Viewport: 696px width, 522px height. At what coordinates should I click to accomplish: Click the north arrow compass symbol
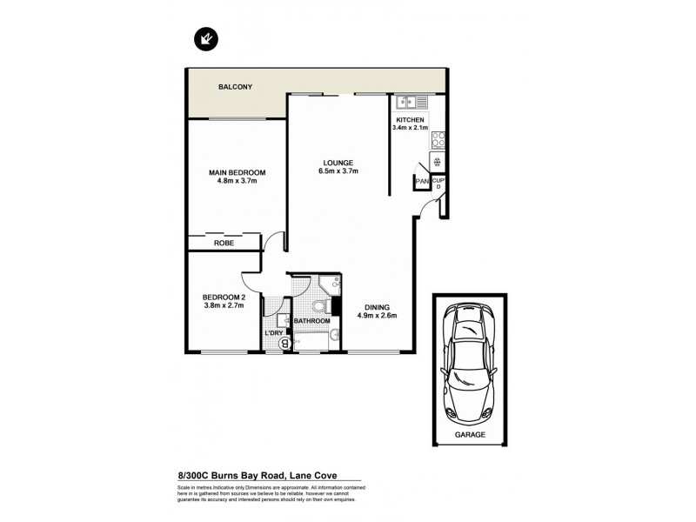coord(207,38)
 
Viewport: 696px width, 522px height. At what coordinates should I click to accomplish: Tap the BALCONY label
coord(235,87)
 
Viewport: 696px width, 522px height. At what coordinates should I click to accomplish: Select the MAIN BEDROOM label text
coord(237,173)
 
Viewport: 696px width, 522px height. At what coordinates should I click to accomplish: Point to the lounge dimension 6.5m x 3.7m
coord(338,171)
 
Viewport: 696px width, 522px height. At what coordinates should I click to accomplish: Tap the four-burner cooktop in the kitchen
coord(438,139)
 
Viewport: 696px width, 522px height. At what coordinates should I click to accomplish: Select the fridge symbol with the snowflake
coord(438,162)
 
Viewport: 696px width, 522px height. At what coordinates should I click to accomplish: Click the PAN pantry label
coord(421,181)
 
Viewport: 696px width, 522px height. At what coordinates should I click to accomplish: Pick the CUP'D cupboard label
coord(438,184)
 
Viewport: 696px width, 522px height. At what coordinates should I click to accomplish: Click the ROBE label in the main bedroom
coord(224,244)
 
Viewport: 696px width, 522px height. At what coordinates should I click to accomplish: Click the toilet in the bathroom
coord(318,307)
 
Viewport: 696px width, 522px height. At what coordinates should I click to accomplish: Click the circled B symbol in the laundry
coord(284,345)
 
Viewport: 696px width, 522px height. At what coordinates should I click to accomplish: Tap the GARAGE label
coord(468,433)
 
